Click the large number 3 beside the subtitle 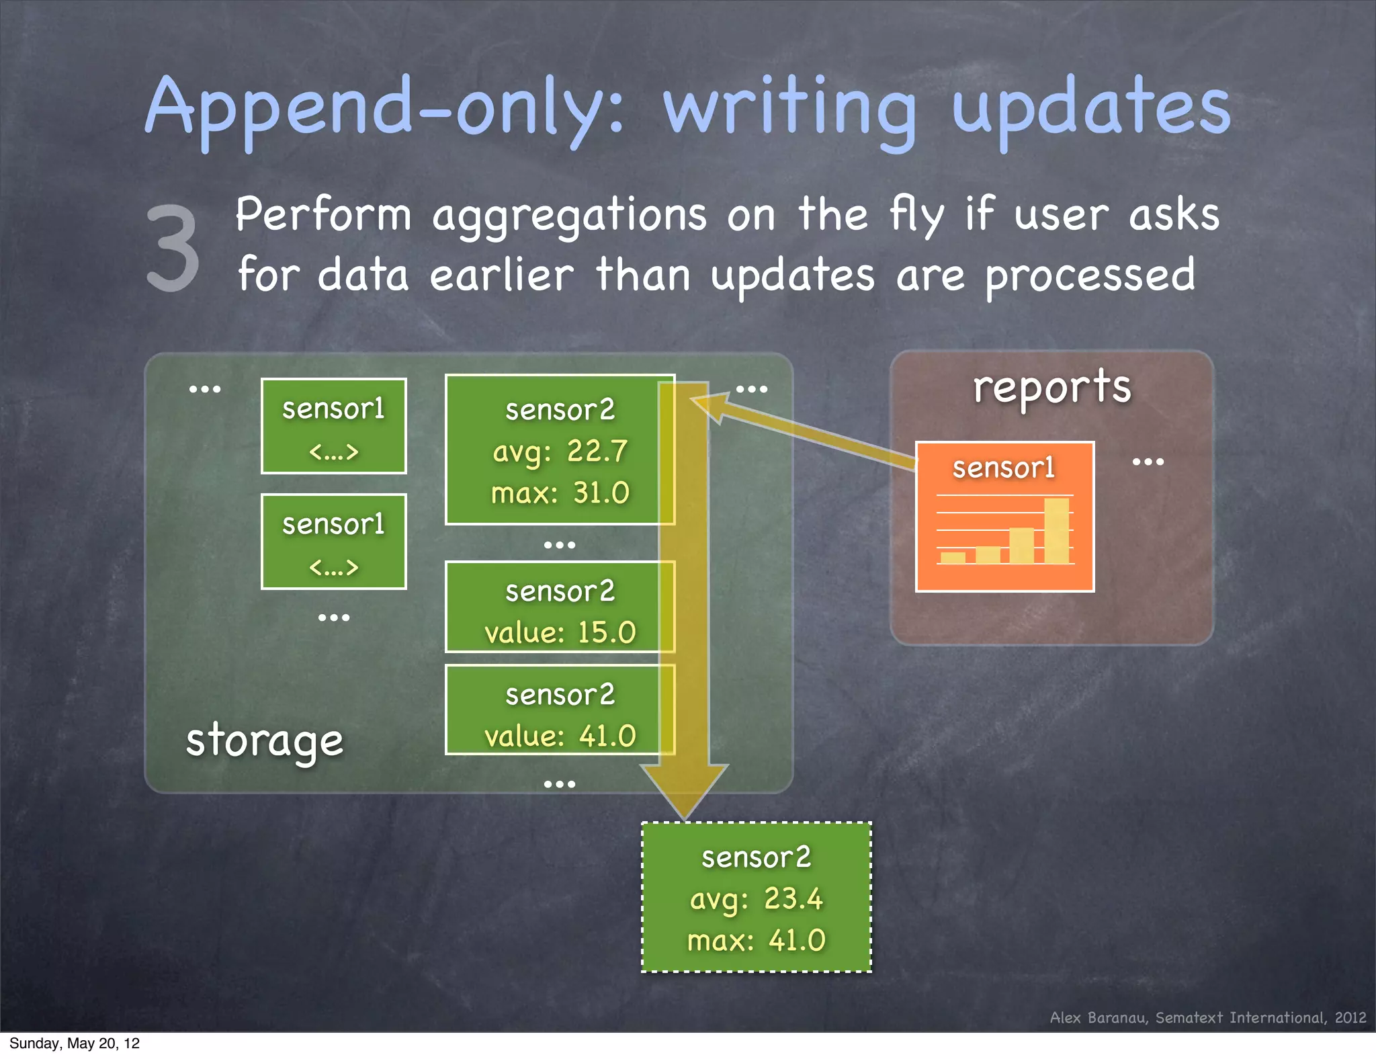pyautogui.click(x=173, y=249)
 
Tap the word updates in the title pyautogui.click(x=1091, y=108)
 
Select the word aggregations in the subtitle pyautogui.click(x=569, y=216)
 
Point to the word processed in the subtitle pyautogui.click(x=1090, y=276)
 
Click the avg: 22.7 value pyautogui.click(x=560, y=451)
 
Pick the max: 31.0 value pyautogui.click(x=560, y=493)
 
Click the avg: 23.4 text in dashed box pyautogui.click(x=756, y=899)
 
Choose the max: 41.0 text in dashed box pyautogui.click(x=756, y=940)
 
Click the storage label pyautogui.click(x=265, y=740)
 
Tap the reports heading pyautogui.click(x=1052, y=387)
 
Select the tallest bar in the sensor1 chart pyautogui.click(x=1056, y=531)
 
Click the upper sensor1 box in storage pyautogui.click(x=334, y=426)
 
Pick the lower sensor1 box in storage pyautogui.click(x=334, y=542)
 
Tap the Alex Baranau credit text pyautogui.click(x=1207, y=1017)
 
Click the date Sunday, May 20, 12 pyautogui.click(x=75, y=1044)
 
